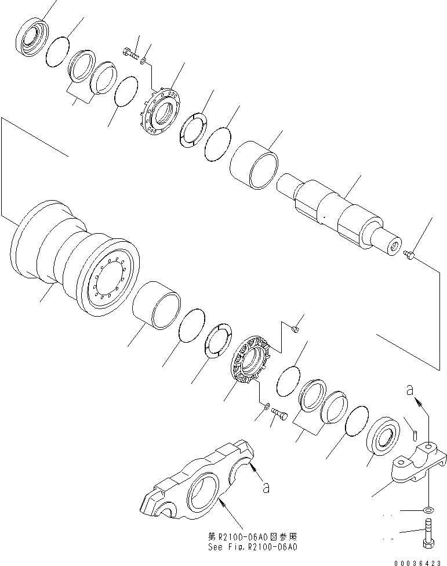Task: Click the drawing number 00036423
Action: coord(421,562)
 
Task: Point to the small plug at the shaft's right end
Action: coord(410,255)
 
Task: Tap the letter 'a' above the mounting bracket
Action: coord(410,392)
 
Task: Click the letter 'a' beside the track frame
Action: coord(266,488)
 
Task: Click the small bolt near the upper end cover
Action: coord(131,54)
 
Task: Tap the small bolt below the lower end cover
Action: coord(280,415)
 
